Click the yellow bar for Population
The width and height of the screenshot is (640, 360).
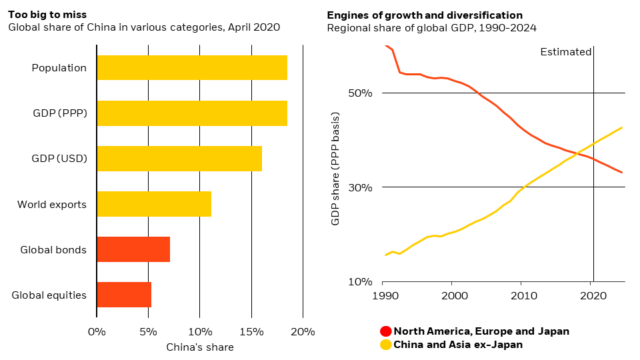coord(192,68)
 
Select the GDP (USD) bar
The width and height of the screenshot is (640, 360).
coord(179,159)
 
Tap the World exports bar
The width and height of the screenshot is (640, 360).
coord(154,204)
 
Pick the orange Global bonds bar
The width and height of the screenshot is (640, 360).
coord(133,249)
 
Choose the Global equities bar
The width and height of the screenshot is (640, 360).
coord(124,295)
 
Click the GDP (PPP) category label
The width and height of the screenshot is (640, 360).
coord(59,113)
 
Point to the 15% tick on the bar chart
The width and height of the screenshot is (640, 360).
coord(251,331)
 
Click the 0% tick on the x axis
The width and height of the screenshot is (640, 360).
coord(97,331)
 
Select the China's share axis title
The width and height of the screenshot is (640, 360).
coord(200,347)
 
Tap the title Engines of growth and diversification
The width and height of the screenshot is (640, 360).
coord(425,15)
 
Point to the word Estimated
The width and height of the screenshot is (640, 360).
coord(565,52)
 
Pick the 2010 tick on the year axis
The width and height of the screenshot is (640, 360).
coord(521,295)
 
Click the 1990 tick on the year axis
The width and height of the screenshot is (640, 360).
coord(383,295)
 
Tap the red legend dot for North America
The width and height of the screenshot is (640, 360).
coord(385,331)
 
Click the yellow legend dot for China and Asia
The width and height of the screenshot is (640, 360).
coord(385,345)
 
